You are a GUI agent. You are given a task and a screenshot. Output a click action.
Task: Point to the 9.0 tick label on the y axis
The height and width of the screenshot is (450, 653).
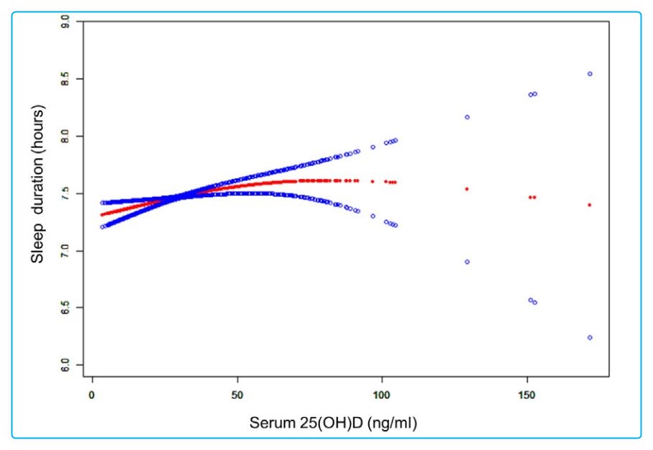(x=66, y=21)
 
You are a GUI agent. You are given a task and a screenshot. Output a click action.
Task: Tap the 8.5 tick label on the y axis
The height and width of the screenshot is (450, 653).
(x=66, y=78)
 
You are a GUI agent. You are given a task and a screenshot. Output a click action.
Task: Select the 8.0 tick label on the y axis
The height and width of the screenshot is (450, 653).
(x=66, y=136)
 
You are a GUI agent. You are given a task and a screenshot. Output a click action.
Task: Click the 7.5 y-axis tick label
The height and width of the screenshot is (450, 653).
(x=66, y=193)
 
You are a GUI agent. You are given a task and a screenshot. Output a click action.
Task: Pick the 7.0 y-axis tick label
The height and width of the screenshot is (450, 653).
(x=66, y=251)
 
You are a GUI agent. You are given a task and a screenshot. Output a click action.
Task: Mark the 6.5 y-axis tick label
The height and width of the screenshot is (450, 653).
(x=66, y=308)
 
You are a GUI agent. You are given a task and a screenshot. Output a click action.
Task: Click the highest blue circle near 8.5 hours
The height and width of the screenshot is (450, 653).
(x=590, y=73)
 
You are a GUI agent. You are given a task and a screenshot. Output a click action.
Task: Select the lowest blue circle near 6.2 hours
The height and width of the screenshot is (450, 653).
(x=590, y=337)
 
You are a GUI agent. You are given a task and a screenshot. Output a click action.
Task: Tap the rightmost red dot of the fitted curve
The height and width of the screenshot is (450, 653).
(x=590, y=205)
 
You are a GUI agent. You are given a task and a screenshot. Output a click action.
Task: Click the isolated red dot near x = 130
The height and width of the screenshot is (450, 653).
(x=467, y=189)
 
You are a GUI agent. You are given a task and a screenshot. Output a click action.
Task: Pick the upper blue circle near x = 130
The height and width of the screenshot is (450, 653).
(x=467, y=116)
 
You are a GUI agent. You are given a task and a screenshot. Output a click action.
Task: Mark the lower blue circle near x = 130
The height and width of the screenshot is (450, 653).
(x=467, y=262)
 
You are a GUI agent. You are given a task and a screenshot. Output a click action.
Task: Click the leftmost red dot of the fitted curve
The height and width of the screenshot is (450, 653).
(x=102, y=214)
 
